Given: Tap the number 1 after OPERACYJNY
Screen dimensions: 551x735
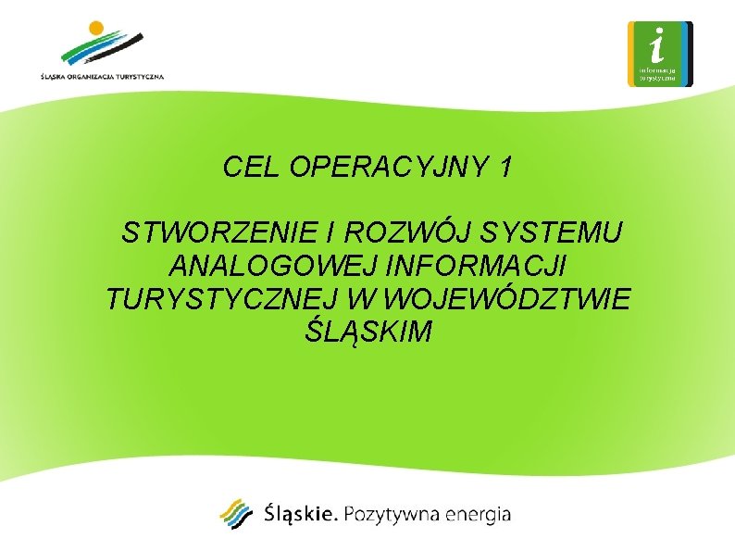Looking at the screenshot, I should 504,168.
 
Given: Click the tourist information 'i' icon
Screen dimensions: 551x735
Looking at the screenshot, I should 659,54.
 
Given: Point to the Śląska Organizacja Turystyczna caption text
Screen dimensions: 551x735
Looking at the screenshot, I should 102,77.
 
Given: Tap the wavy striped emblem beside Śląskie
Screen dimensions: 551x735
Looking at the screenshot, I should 236,514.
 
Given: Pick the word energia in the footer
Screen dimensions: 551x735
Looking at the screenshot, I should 478,515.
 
